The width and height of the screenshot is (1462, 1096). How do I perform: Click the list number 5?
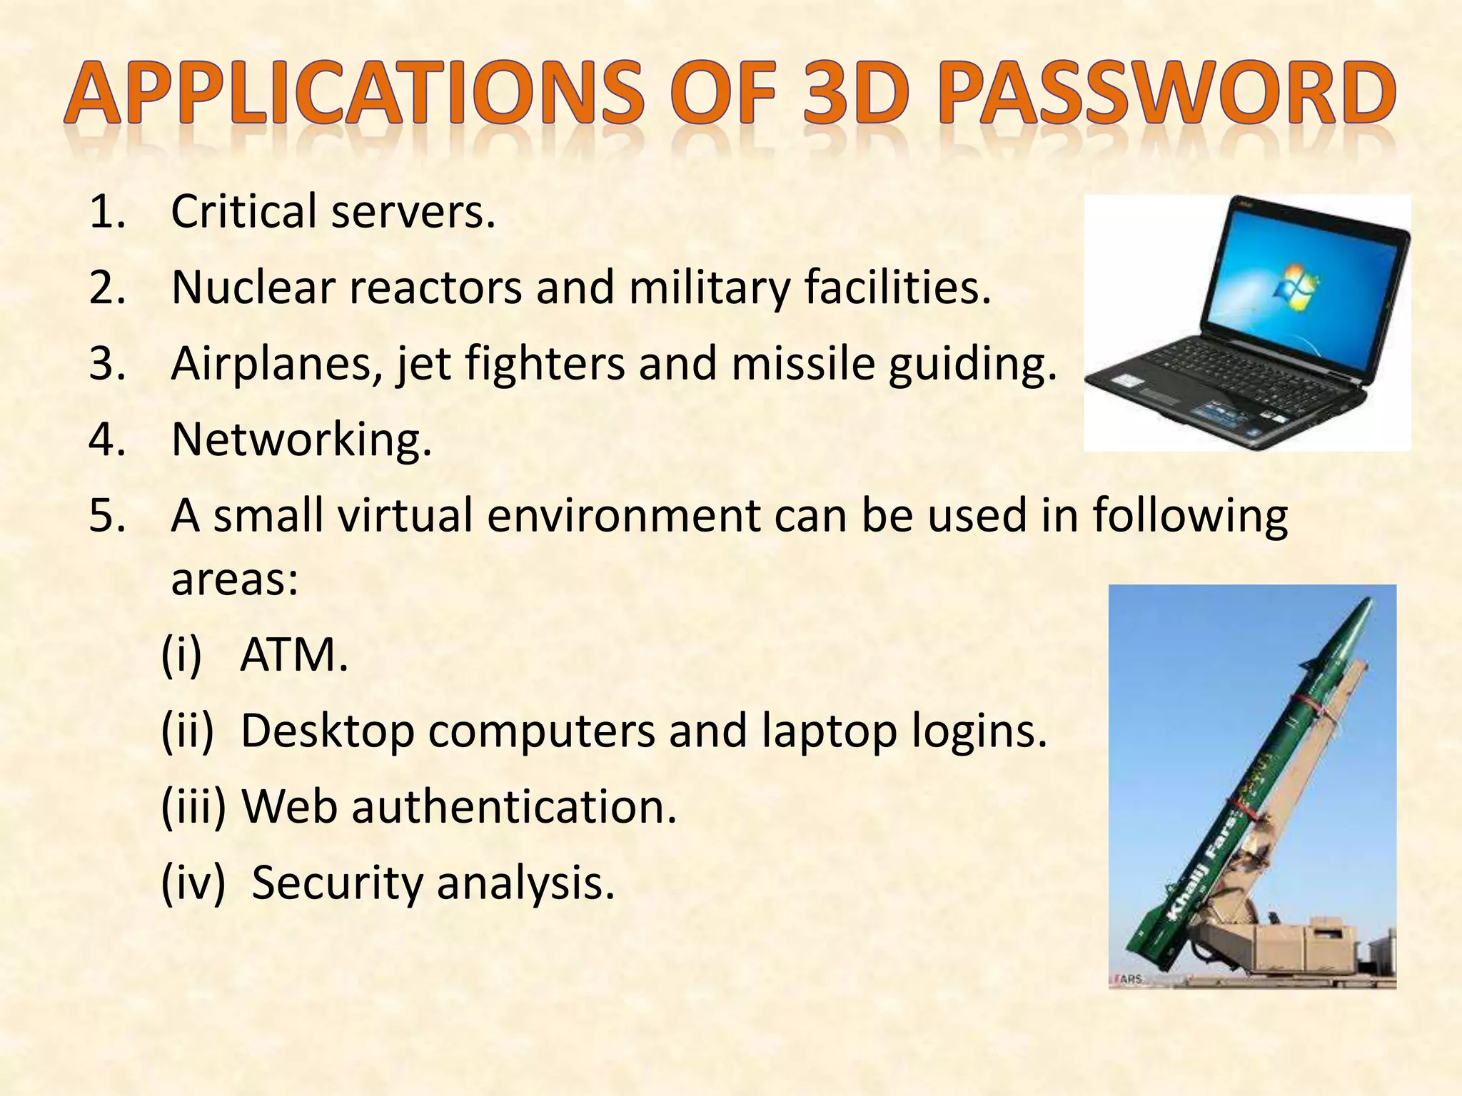107,515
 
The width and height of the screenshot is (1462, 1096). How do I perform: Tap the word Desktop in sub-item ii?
328,732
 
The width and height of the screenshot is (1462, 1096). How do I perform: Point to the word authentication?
513,807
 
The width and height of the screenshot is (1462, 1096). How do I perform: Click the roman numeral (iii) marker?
193,807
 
